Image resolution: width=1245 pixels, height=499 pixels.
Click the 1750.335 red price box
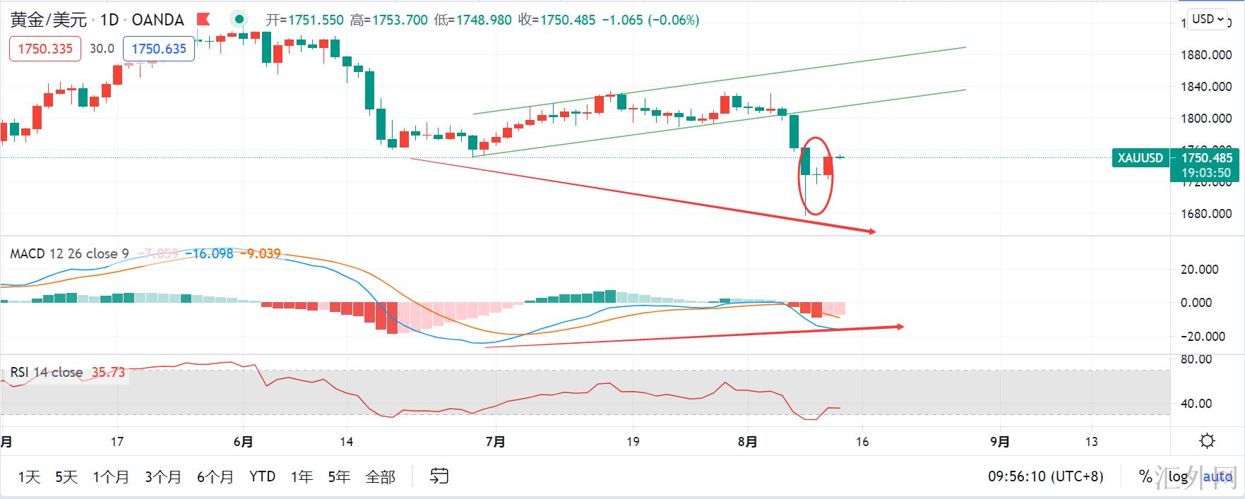pyautogui.click(x=45, y=49)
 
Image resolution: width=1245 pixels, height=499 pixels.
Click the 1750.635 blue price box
pyautogui.click(x=159, y=49)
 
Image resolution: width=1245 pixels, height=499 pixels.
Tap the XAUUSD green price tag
pyautogui.click(x=1140, y=158)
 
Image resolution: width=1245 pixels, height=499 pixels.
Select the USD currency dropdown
pyautogui.click(x=1208, y=19)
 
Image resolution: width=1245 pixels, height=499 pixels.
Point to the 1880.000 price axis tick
pyautogui.click(x=1206, y=55)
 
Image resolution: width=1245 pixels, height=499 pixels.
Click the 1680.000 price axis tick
pyautogui.click(x=1206, y=214)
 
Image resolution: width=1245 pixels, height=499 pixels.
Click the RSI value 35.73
pyautogui.click(x=108, y=372)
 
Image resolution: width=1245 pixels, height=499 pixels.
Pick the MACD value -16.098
pyautogui.click(x=209, y=253)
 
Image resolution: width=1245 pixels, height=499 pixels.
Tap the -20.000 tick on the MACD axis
pyautogui.click(x=1203, y=337)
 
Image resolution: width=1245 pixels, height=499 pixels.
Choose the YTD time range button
pyautogui.click(x=262, y=476)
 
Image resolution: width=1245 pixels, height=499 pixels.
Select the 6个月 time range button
pyautogui.click(x=215, y=476)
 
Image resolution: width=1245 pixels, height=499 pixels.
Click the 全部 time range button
pyautogui.click(x=381, y=476)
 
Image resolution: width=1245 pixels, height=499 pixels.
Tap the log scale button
pyautogui.click(x=1177, y=476)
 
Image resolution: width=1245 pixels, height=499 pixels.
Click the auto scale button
pyautogui.click(x=1218, y=476)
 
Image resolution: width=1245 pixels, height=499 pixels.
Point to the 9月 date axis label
pyautogui.click(x=1000, y=442)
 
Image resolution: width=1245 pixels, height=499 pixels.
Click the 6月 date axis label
pyautogui.click(x=243, y=442)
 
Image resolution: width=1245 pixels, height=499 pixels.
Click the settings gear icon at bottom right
pyautogui.click(x=1208, y=442)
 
